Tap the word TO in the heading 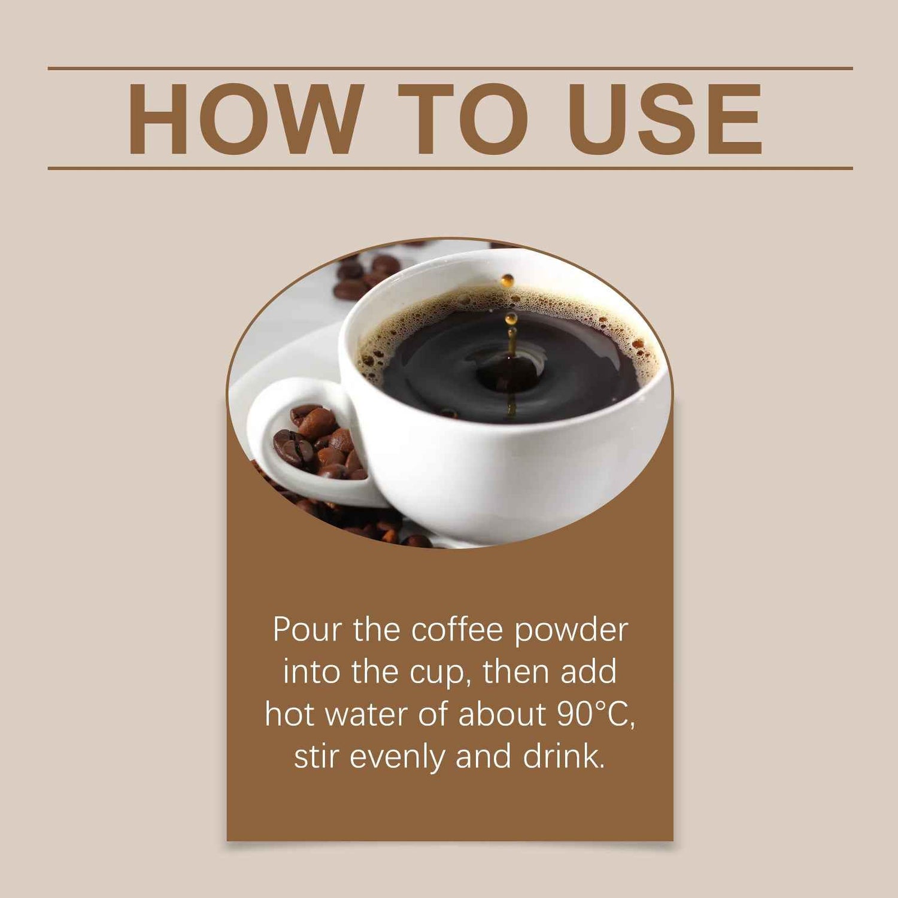(x=465, y=119)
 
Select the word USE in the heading (x=665, y=119)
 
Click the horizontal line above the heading (x=449, y=69)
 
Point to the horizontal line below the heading (x=449, y=168)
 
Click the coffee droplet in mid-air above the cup (x=508, y=280)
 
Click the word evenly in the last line (x=397, y=757)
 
